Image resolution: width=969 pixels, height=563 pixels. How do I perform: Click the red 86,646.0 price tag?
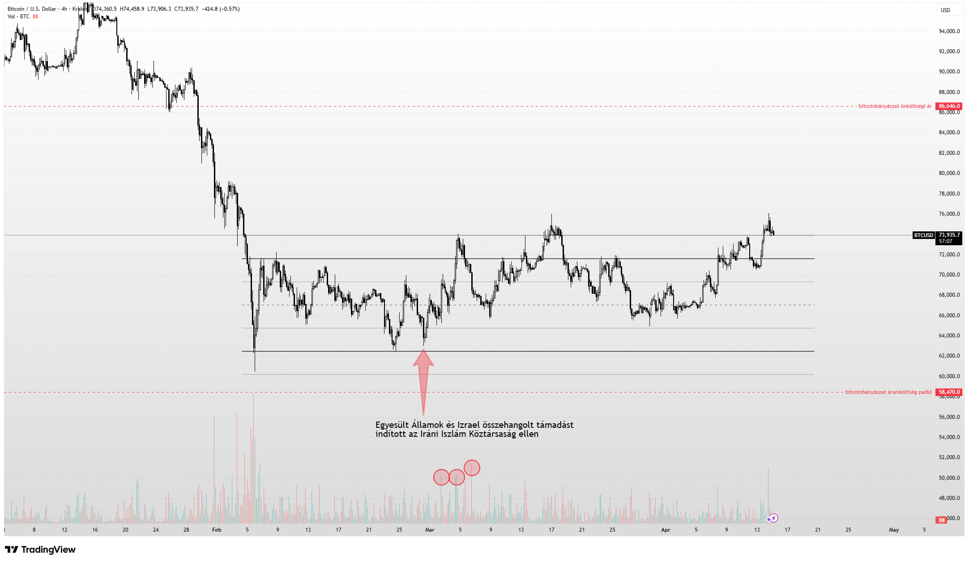click(x=949, y=106)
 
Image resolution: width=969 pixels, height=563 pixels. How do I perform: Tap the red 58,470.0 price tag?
click(x=949, y=392)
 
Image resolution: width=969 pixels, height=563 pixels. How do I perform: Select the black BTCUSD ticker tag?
click(x=923, y=235)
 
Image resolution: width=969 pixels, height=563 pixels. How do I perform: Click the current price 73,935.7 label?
click(x=949, y=235)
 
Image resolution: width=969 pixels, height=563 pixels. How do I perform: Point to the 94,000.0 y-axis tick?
click(x=949, y=31)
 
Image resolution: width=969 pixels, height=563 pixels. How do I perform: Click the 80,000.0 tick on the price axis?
click(x=949, y=173)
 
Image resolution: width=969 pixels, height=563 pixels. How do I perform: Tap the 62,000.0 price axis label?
click(x=949, y=356)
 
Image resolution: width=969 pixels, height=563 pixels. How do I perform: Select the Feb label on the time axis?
click(x=217, y=530)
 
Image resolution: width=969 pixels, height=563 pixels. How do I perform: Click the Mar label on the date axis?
click(x=430, y=530)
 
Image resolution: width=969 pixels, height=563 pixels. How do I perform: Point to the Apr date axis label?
click(x=666, y=530)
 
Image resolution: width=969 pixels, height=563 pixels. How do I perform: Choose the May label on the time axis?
click(x=893, y=530)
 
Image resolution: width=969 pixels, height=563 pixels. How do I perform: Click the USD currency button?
click(x=945, y=10)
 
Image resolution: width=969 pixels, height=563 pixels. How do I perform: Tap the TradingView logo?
click(x=40, y=550)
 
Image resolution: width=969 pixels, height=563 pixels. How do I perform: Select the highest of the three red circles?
click(x=472, y=468)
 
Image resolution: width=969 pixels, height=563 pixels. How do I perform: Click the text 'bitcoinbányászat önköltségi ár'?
click(x=895, y=106)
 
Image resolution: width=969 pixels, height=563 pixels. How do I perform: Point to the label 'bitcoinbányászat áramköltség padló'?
click(x=888, y=392)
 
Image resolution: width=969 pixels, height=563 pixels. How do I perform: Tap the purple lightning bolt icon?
click(x=773, y=518)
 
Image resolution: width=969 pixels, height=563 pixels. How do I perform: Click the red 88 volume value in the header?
click(x=35, y=17)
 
